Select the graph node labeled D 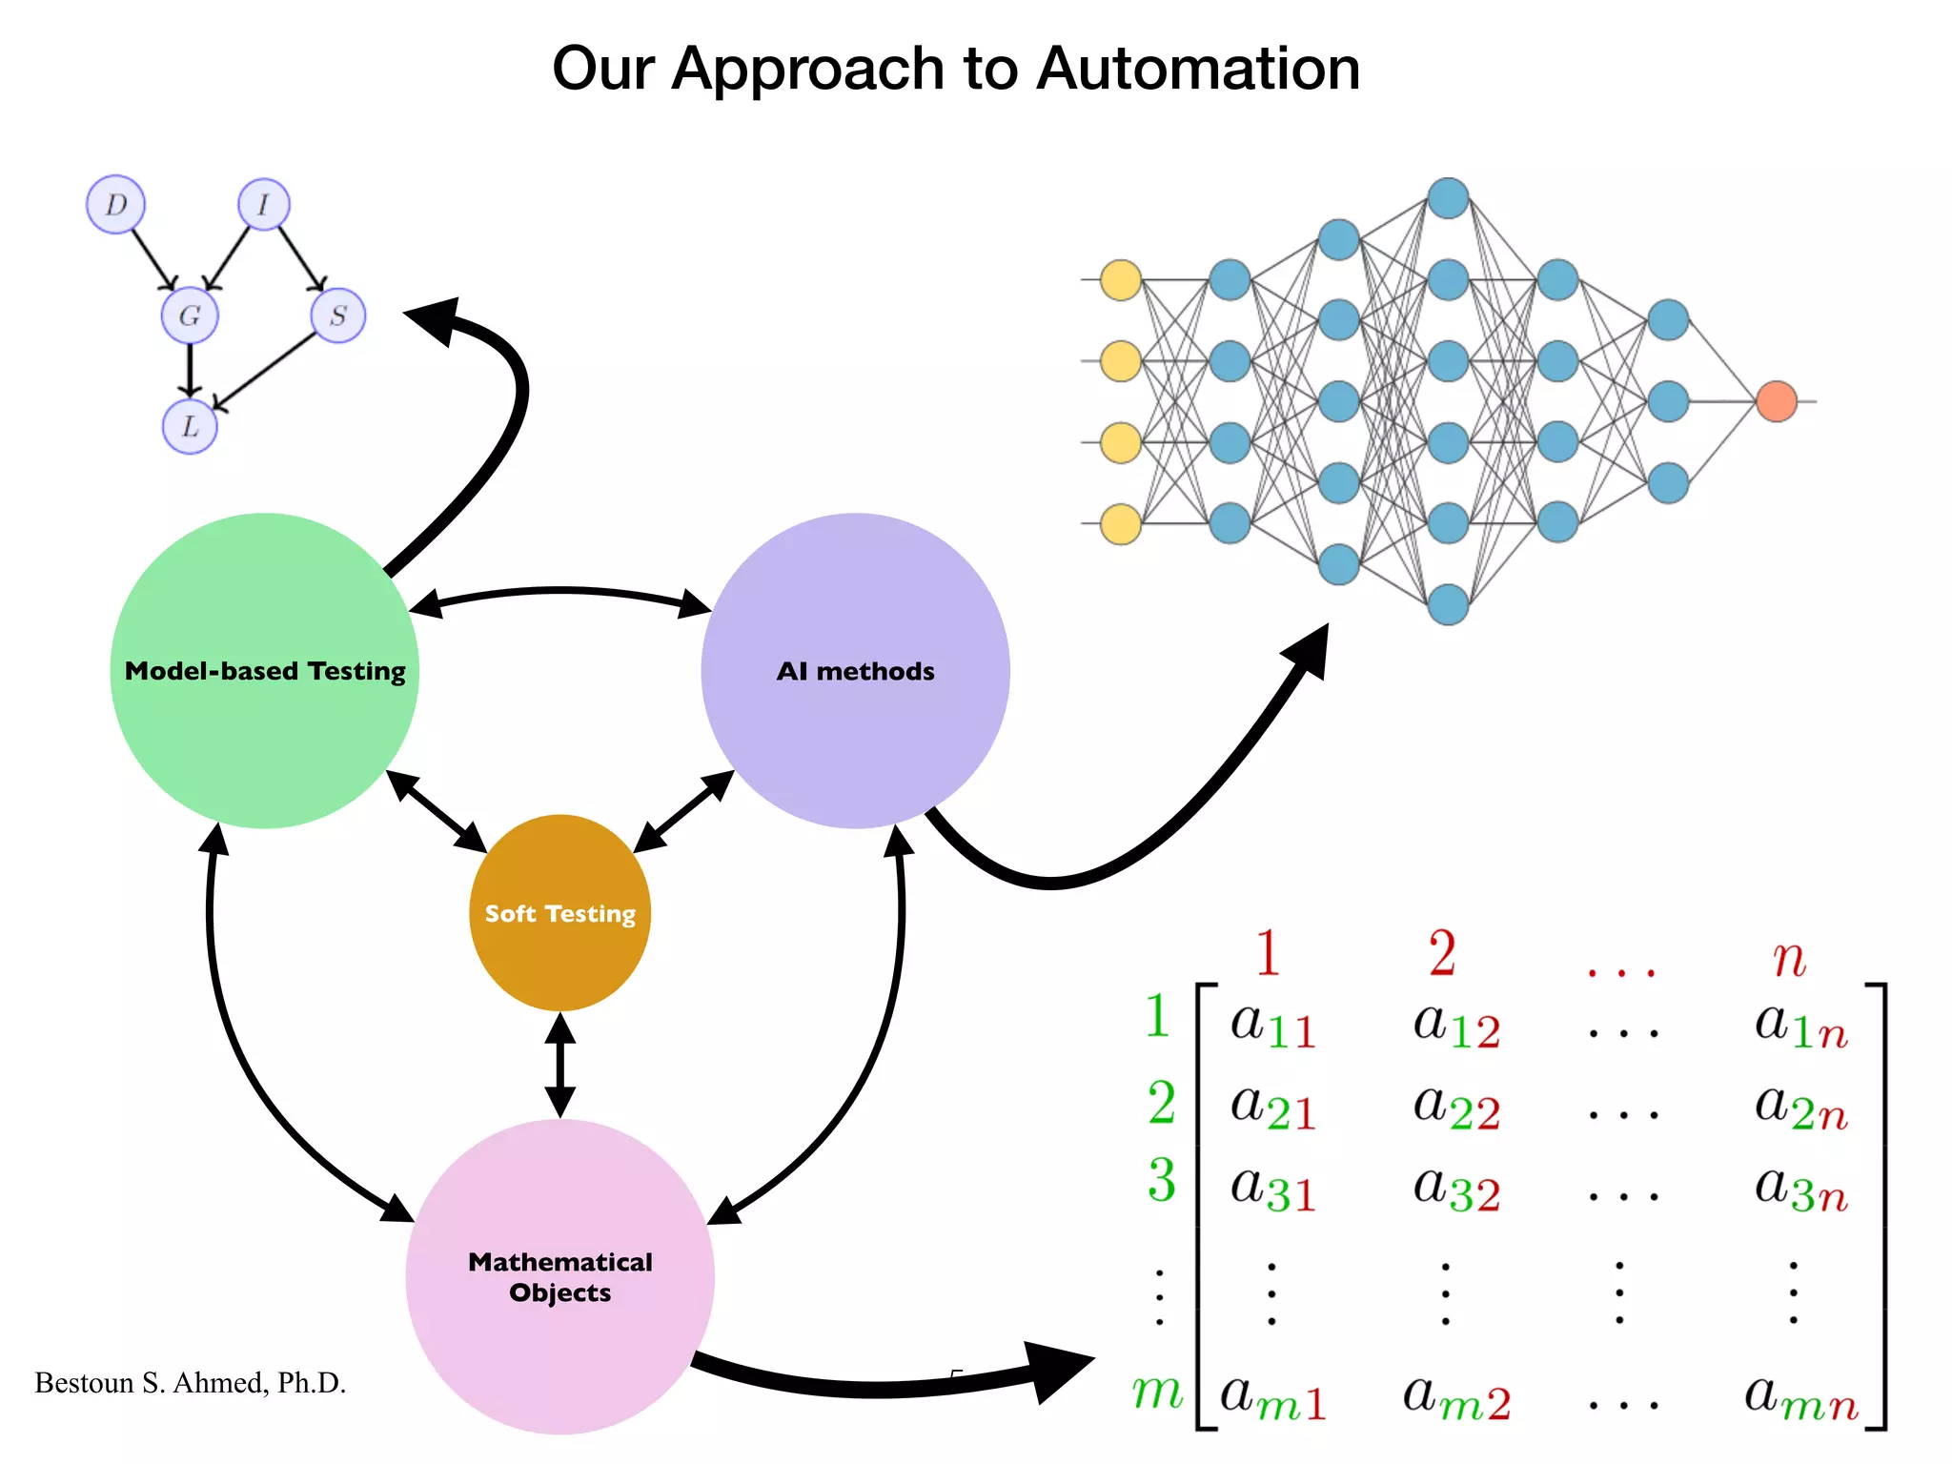tap(115, 204)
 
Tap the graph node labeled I tap(264, 204)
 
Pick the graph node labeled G tap(190, 315)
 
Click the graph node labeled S tap(338, 315)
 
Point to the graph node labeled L tap(190, 426)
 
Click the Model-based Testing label tap(265, 671)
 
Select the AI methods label tap(855, 671)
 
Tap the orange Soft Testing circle tap(560, 913)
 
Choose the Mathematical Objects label tap(560, 1277)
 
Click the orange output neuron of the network tap(1777, 401)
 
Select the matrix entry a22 tap(1456, 1108)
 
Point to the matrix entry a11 tap(1273, 1026)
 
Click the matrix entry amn tap(1800, 1398)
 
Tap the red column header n tap(1789, 958)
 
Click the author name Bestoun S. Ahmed tap(190, 1383)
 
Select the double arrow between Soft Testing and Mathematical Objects tap(560, 1065)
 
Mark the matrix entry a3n tap(1800, 1189)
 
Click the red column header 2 tap(1442, 953)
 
